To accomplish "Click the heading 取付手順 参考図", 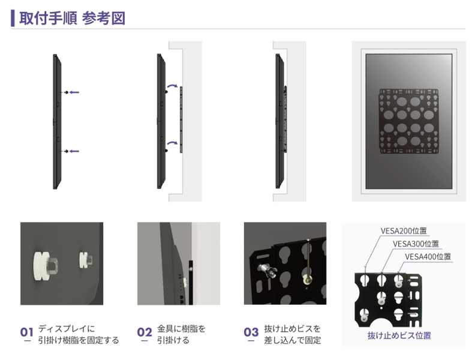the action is tap(73, 18).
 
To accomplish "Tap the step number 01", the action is tap(26, 332).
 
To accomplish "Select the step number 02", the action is tap(144, 332).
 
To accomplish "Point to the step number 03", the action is tap(251, 332).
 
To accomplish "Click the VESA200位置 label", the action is tap(404, 230).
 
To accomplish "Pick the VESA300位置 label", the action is tap(416, 244).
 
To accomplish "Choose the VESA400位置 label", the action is tap(428, 257).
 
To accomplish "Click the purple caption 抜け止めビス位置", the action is tap(399, 335).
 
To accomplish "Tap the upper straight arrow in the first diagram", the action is tap(74, 92).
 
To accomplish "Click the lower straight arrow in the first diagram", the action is tap(74, 151).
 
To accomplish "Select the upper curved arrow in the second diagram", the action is tap(173, 86).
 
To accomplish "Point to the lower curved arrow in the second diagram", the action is tap(173, 142).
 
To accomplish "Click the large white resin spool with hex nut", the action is tap(46, 265).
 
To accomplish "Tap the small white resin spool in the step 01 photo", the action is tap(86, 260).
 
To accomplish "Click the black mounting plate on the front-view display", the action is tap(408, 121).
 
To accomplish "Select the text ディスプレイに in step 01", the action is tap(67, 328).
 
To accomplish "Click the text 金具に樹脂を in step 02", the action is tap(181, 328).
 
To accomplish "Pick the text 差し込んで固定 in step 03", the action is tap(292, 340).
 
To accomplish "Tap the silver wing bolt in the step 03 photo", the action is tap(266, 269).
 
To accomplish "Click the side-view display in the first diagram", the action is tap(56, 122).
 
